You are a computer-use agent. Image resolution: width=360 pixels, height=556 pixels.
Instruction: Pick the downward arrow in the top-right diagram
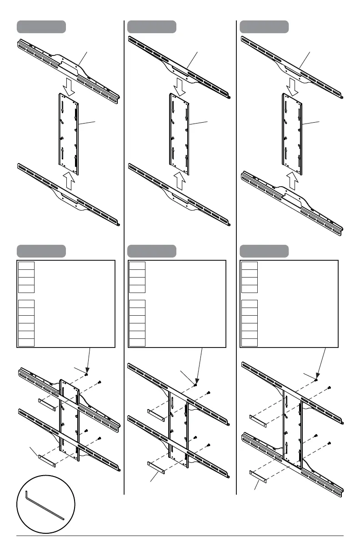292,87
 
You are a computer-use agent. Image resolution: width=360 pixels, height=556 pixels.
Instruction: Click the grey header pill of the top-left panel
41,27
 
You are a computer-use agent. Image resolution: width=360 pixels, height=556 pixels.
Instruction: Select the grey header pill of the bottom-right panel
264,251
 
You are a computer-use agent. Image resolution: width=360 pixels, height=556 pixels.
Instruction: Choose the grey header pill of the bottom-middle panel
152,251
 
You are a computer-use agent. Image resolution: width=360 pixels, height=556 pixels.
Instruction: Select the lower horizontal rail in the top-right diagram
292,204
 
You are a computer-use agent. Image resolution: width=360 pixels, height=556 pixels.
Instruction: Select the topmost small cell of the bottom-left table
26,265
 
